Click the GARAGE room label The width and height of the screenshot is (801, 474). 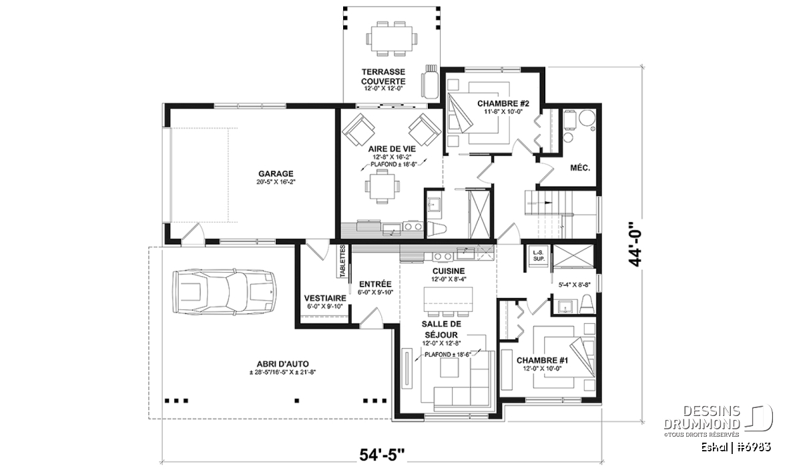coord(276,174)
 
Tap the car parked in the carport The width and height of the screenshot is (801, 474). coord(224,292)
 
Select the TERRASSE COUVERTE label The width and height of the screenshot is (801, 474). coord(383,77)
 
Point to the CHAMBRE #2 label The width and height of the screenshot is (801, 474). coord(503,103)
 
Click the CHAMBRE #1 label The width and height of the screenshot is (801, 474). coord(542,361)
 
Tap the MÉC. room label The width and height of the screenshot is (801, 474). coord(580,167)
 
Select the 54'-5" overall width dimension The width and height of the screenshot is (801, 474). coord(382,455)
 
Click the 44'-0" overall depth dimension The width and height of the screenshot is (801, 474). coord(635,244)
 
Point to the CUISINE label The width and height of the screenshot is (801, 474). coord(449,271)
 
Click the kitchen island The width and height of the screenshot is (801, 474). coord(448,299)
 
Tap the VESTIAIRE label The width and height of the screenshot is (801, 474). coord(325,298)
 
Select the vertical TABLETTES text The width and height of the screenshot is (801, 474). coord(342,261)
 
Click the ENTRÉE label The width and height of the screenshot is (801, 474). coord(375,284)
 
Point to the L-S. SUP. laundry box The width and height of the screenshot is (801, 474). coord(539,255)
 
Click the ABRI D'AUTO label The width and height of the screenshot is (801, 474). coord(282,365)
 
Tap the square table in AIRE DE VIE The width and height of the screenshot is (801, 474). coord(382,187)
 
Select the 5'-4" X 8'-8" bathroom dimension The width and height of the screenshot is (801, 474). coord(574,285)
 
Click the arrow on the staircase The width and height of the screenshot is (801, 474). coord(540,203)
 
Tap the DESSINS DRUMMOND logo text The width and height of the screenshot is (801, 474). coord(702,418)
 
